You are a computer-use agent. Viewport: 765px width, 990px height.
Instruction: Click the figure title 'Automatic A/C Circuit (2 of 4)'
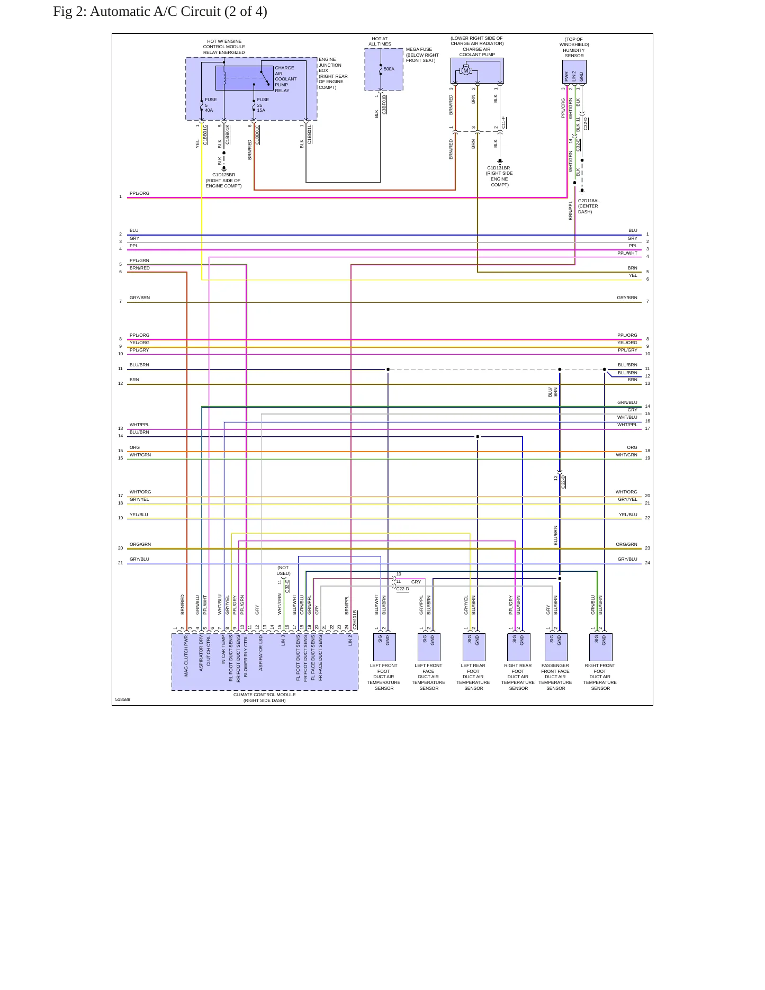point(178,12)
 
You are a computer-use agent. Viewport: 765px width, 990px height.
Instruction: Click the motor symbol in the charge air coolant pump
point(466,70)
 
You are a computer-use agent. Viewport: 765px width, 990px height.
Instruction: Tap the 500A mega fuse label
point(389,69)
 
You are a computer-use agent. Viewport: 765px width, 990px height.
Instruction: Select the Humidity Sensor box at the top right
point(574,71)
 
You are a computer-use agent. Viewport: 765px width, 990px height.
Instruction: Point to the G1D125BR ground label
point(224,175)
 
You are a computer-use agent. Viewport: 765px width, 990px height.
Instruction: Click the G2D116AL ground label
point(589,201)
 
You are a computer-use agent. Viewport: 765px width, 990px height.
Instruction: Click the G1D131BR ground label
point(499,168)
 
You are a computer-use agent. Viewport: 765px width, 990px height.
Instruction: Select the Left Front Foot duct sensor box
point(384,647)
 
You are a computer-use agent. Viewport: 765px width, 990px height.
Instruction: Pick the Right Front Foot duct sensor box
point(600,647)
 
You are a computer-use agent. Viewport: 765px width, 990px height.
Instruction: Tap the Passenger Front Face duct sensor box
point(556,647)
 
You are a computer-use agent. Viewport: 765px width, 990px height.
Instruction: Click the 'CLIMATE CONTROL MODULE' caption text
point(265,695)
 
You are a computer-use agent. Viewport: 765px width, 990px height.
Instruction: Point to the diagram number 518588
point(123,699)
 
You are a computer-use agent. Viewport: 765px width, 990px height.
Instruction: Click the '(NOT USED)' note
point(283,570)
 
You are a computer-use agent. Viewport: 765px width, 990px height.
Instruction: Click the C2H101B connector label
point(355,619)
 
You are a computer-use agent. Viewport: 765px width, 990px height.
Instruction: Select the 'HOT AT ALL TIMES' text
point(380,41)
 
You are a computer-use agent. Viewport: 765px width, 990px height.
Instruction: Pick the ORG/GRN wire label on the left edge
point(140,544)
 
